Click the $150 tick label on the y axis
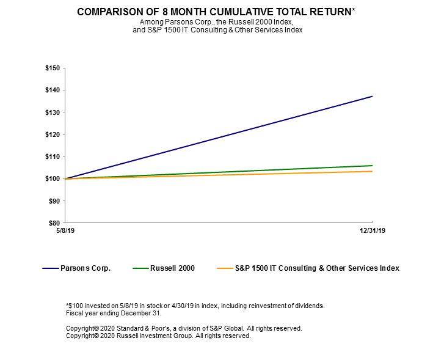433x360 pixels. pos(53,68)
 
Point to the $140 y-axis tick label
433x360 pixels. pos(53,90)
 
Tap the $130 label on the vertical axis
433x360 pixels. pos(53,112)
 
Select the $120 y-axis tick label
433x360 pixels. pos(53,134)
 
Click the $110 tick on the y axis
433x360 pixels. pos(53,156)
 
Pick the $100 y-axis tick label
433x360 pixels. pos(53,178)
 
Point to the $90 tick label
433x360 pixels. pos(54,200)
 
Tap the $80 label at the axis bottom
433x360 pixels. pos(54,223)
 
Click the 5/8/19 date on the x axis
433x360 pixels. pos(65,230)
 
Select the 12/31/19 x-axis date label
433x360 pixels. pos(373,230)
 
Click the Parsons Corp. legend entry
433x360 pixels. pos(85,268)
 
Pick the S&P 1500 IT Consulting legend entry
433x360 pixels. pos(317,268)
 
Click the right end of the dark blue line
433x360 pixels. pos(373,96)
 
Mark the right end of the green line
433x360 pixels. pos(373,166)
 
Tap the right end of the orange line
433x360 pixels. pos(373,171)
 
